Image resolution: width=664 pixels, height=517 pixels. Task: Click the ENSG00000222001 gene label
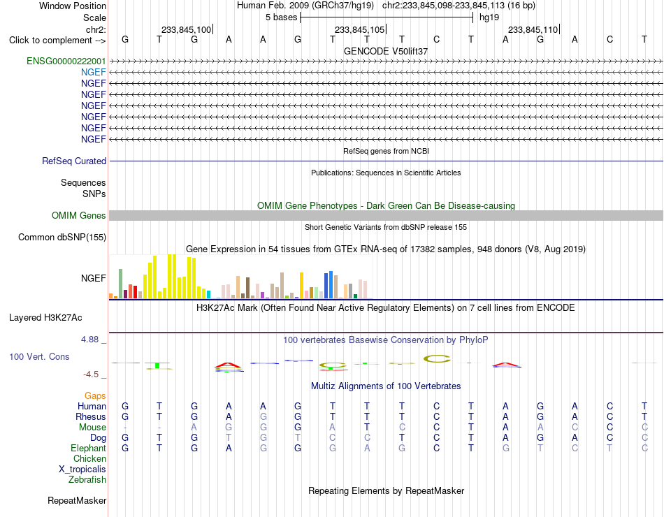click(x=66, y=61)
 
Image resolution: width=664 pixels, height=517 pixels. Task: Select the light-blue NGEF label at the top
click(x=94, y=72)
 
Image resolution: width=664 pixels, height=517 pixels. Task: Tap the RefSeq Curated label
click(x=74, y=161)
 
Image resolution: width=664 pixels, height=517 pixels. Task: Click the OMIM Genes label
click(x=79, y=215)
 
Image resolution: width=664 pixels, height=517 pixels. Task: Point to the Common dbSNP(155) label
click(x=62, y=237)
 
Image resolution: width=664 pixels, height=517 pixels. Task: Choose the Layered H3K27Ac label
click(x=45, y=318)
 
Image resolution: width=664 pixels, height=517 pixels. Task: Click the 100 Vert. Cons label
click(x=39, y=356)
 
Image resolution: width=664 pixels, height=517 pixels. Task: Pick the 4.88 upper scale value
click(x=89, y=339)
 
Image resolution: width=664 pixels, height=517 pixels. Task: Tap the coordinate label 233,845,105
click(x=359, y=29)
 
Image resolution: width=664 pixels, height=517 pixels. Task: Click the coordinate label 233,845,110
click(x=533, y=29)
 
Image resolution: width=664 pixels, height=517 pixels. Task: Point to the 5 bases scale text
click(x=282, y=17)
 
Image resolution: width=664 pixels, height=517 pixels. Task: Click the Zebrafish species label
click(x=87, y=480)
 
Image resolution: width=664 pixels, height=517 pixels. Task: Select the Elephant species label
click(x=89, y=448)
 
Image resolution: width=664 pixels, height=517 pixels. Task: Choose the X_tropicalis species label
click(x=82, y=469)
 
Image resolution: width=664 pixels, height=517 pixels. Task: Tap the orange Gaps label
click(x=95, y=395)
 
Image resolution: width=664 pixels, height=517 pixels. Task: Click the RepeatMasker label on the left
click(x=77, y=500)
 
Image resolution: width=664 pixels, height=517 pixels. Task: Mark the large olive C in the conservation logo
click(x=437, y=358)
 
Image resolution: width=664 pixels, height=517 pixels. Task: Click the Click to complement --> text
click(x=57, y=41)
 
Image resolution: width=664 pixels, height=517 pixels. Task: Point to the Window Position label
click(x=73, y=6)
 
